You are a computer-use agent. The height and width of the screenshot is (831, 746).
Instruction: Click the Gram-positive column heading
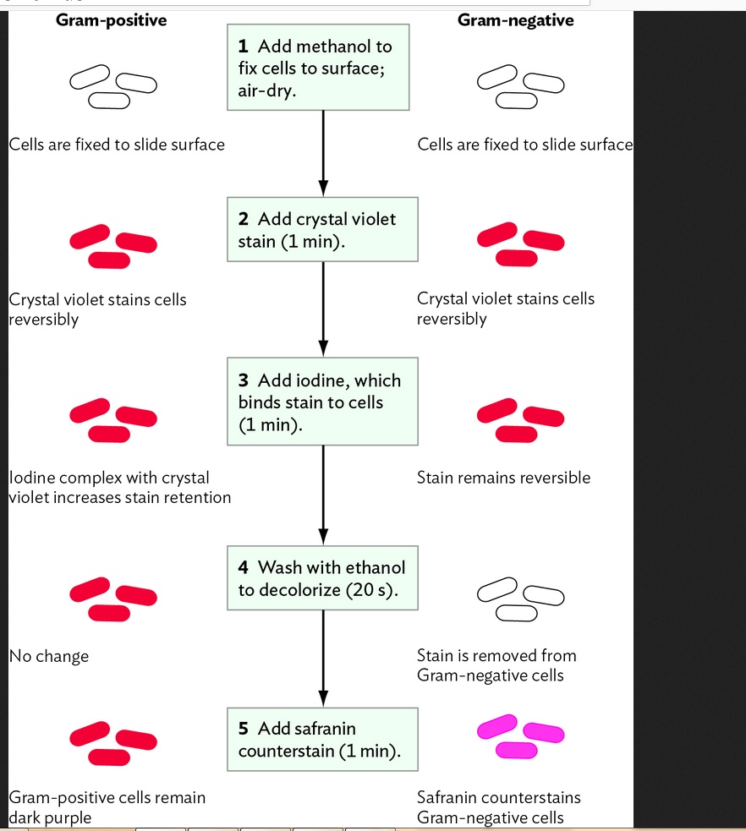(111, 20)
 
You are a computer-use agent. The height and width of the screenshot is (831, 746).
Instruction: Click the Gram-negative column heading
(515, 20)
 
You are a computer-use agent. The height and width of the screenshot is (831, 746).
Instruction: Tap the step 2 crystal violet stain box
(322, 230)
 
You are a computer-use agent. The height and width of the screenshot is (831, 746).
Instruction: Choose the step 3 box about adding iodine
(322, 402)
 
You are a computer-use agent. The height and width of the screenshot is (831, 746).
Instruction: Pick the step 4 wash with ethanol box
(322, 578)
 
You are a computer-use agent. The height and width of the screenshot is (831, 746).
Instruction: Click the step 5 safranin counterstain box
(322, 740)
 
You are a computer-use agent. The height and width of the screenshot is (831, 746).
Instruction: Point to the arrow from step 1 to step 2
(322, 152)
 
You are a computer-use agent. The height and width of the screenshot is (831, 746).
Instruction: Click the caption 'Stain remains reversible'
(503, 478)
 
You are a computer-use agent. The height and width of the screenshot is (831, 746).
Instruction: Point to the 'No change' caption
(49, 656)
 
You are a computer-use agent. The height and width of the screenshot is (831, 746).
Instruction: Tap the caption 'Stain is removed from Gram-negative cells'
(496, 665)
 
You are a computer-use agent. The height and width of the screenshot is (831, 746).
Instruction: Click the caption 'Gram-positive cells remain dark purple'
(107, 807)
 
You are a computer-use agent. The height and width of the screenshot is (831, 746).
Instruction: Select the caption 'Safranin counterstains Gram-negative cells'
(498, 807)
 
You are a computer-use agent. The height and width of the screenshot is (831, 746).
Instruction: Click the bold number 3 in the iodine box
(243, 381)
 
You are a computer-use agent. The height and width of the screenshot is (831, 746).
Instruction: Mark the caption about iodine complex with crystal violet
(118, 488)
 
